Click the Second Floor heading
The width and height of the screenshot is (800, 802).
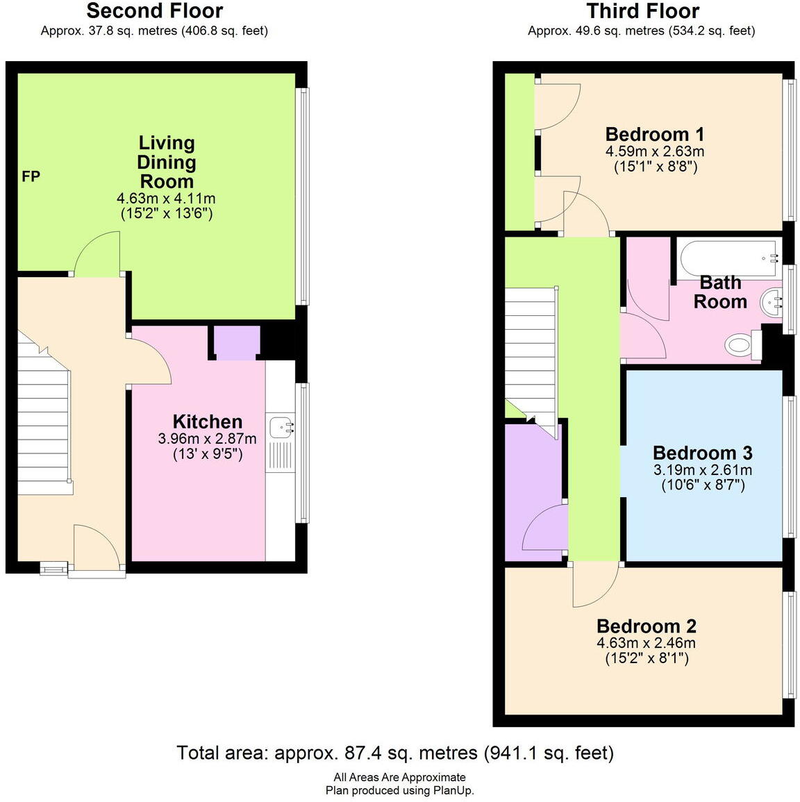pyautogui.click(x=154, y=11)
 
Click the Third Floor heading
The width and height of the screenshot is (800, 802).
pyautogui.click(x=642, y=11)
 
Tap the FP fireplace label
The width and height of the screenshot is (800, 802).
pyautogui.click(x=31, y=177)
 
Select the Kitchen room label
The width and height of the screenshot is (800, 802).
pyautogui.click(x=207, y=421)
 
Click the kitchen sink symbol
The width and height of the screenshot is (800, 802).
pyautogui.click(x=281, y=426)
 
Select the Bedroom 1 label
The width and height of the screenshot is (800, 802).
pyautogui.click(x=654, y=134)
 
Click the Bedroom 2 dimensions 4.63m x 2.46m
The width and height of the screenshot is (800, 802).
pyautogui.click(x=646, y=643)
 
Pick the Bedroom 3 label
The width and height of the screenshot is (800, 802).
pyautogui.click(x=702, y=453)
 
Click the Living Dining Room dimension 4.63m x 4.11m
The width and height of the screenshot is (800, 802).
pyautogui.click(x=166, y=199)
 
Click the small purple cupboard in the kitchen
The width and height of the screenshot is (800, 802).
pyautogui.click(x=236, y=342)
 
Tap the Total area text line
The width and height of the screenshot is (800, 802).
pyautogui.click(x=395, y=753)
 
